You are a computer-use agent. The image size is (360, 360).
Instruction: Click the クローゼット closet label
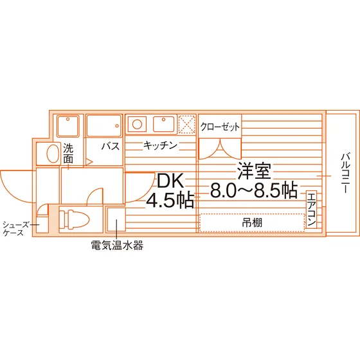pos(220,127)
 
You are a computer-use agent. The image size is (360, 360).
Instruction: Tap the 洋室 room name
pos(254,171)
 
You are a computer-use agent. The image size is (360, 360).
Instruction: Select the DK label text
pos(170,181)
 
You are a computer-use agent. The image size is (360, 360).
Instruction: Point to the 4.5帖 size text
pos(170,199)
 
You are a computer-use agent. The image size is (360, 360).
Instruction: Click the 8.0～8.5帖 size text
pos(254,190)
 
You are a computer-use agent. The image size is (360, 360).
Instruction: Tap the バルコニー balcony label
pos(345,174)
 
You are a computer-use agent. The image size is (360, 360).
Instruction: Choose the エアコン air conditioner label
pos(312,210)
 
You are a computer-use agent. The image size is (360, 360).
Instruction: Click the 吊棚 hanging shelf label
pos(252,222)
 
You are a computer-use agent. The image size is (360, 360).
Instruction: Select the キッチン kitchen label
pos(160,145)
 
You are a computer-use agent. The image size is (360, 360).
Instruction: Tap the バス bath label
pos(111,146)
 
